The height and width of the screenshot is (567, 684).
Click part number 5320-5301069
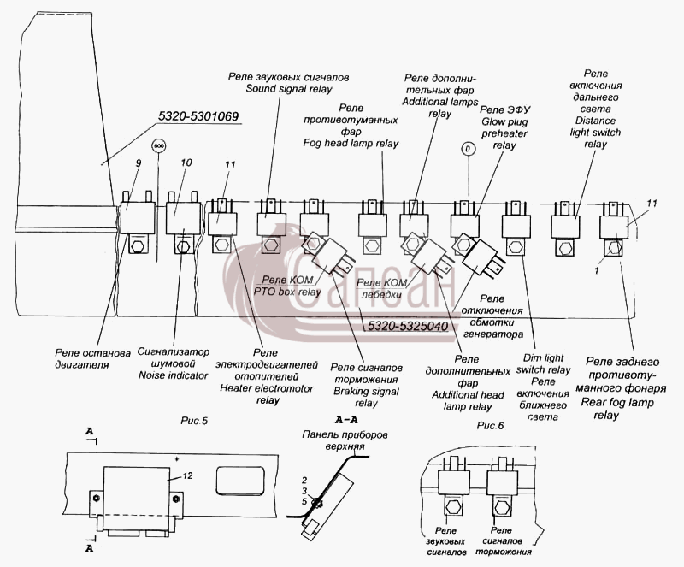[198, 116]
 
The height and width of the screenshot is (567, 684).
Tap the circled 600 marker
[159, 145]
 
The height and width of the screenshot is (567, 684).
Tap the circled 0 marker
[468, 150]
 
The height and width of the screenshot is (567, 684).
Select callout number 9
[139, 163]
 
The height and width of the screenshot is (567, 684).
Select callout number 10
[186, 162]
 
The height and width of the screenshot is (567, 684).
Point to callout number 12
[187, 475]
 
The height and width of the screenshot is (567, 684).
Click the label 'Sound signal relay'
[289, 89]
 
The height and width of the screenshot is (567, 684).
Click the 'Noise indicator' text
[174, 375]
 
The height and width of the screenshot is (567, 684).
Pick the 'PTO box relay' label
[287, 292]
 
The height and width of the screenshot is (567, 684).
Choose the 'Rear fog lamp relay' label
[617, 409]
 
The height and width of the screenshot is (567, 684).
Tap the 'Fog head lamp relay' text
[351, 143]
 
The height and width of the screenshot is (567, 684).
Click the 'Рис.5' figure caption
[194, 421]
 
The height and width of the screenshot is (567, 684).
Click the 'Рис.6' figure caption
[490, 425]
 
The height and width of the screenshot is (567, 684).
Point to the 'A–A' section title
[346, 421]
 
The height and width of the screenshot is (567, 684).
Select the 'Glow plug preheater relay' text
[504, 133]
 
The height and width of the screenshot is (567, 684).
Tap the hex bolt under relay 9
[139, 246]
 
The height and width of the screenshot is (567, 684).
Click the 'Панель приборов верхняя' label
[345, 440]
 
